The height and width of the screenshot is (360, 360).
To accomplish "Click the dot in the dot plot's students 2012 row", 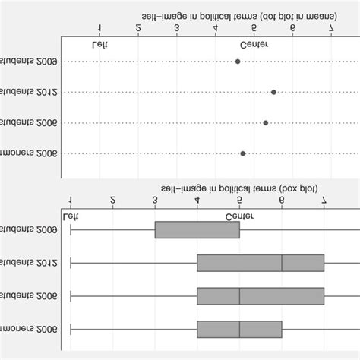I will click(273, 92).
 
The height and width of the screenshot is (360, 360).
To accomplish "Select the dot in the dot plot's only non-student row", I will click(242, 153).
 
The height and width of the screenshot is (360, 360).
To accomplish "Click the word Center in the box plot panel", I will click(239, 216).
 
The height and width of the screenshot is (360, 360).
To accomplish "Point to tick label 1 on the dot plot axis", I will click(99, 29).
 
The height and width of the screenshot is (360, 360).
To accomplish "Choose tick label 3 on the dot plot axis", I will click(176, 29).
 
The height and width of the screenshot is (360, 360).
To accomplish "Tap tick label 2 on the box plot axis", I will click(112, 201).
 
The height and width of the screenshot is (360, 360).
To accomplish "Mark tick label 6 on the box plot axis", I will click(282, 201).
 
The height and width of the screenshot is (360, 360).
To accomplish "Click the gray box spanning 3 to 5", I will click(197, 229).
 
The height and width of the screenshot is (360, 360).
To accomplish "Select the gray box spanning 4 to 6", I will click(239, 329).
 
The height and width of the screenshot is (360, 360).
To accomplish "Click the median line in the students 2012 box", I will click(282, 264).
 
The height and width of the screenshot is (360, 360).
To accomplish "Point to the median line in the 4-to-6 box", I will click(239, 329).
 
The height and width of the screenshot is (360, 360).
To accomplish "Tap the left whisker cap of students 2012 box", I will click(71, 264).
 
